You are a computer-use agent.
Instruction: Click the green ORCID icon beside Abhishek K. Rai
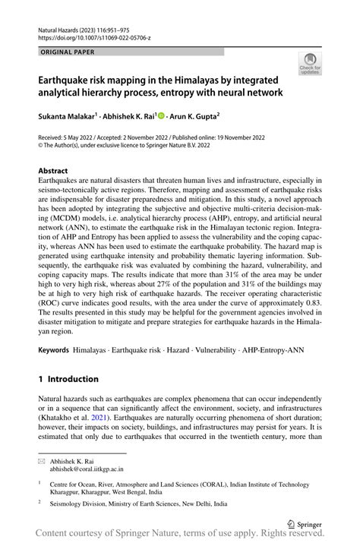coord(163,115)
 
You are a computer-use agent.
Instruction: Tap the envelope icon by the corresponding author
coord(43,462)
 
